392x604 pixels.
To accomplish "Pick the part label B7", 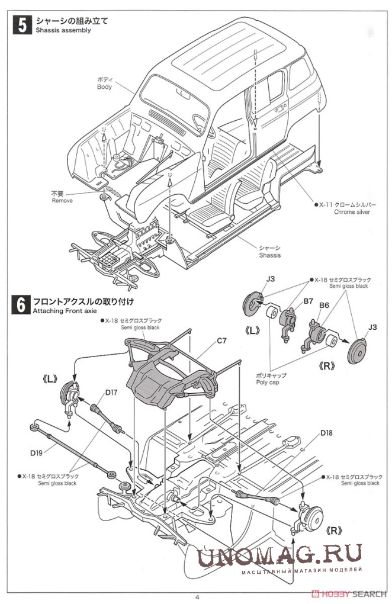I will pyautogui.click(x=308, y=301).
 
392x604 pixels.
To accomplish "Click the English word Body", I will pyautogui.click(x=104, y=87).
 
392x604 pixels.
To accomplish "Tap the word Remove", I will pyautogui.click(x=62, y=201).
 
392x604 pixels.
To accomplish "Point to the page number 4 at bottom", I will pyautogui.click(x=196, y=596).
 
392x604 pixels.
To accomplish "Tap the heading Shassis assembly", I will pyautogui.click(x=63, y=30).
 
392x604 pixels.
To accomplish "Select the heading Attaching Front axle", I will pyautogui.click(x=66, y=310).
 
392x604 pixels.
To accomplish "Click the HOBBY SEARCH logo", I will pyautogui.click(x=353, y=593).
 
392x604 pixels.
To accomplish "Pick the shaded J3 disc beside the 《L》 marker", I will pyautogui.click(x=254, y=305).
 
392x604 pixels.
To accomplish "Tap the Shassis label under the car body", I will pyautogui.click(x=269, y=255).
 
